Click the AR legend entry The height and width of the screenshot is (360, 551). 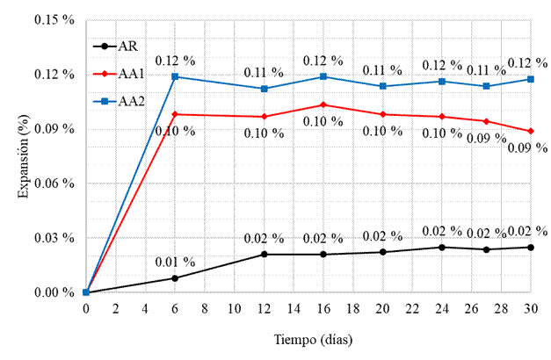[x=115, y=47]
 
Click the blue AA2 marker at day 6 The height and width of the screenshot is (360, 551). [x=175, y=76]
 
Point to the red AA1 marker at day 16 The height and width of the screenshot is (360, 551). [x=323, y=104]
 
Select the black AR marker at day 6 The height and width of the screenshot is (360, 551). [x=175, y=278]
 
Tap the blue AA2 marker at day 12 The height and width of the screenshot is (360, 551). [x=264, y=89]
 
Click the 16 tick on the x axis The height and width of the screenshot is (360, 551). [x=323, y=310]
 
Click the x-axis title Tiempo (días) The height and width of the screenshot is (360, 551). [x=308, y=340]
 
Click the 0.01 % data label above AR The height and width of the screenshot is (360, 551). [x=175, y=261]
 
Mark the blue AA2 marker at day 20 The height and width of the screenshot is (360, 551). [x=382, y=86]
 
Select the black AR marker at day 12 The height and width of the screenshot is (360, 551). [x=264, y=255]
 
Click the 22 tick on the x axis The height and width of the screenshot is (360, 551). [x=412, y=310]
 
